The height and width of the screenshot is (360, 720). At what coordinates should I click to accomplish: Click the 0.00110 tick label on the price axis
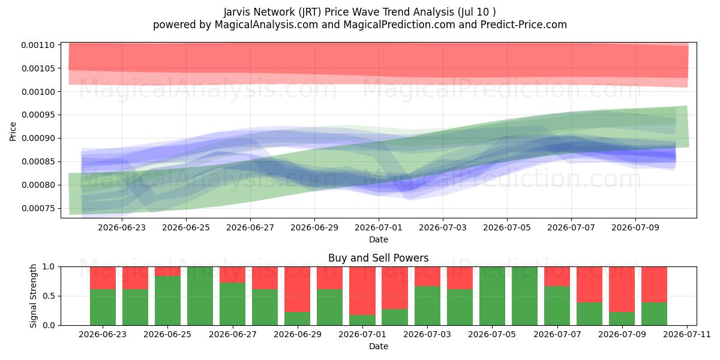[38, 45]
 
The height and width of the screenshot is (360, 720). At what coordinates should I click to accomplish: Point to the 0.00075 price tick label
[38, 208]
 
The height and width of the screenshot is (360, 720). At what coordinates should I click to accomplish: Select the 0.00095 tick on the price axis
[38, 115]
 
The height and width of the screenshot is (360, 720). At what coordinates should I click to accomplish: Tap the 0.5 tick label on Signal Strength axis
[49, 296]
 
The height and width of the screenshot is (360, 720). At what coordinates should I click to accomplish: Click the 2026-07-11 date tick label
[687, 334]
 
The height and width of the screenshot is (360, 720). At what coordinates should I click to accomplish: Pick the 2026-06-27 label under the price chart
[250, 227]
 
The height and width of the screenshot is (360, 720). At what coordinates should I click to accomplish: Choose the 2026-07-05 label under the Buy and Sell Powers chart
[492, 334]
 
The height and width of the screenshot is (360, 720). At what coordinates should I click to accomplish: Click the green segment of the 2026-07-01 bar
[362, 320]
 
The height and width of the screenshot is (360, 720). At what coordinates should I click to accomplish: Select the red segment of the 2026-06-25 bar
[167, 271]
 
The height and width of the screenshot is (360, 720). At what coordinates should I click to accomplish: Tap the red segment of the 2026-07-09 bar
[622, 289]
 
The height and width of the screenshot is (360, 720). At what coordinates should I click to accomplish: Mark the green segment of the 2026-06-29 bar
[298, 319]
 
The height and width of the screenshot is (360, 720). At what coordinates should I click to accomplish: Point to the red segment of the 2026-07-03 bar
[427, 277]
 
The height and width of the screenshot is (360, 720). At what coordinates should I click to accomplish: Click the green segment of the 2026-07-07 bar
[557, 305]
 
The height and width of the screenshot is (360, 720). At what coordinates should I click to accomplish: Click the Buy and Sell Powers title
[379, 258]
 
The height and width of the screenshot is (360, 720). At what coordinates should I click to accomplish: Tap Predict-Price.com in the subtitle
[524, 25]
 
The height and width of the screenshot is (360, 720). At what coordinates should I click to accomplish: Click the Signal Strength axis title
[33, 296]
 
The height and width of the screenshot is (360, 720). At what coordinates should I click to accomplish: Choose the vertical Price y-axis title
[13, 131]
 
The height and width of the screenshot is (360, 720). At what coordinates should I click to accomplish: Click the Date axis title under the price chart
[379, 239]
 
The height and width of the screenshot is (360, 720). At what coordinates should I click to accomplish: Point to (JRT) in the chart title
[310, 12]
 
